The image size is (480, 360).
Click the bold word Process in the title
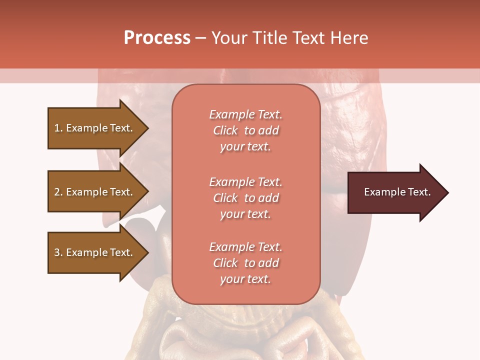click(x=157, y=38)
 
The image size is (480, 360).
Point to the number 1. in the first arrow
click(x=58, y=128)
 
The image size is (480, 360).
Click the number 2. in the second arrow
click(x=58, y=192)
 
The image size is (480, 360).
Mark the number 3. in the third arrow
click(x=58, y=252)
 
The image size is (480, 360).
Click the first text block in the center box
click(x=245, y=130)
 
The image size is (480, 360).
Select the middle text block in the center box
click(x=245, y=198)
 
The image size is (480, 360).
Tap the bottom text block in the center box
click(x=245, y=263)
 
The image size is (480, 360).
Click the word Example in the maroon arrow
click(x=381, y=192)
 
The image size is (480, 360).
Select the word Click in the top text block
click(x=225, y=130)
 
